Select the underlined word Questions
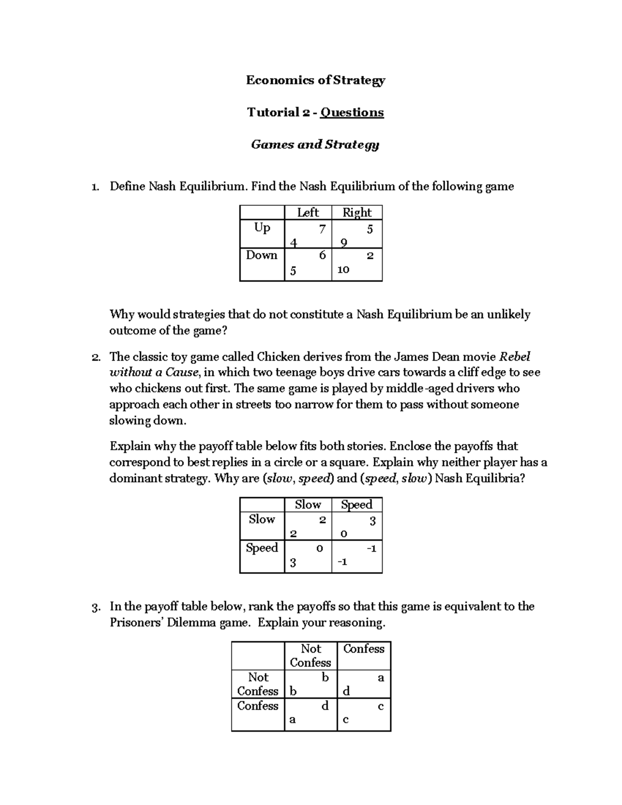click(352, 112)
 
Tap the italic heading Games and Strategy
click(315, 145)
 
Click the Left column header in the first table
click(308, 213)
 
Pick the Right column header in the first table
click(357, 213)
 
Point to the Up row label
click(262, 228)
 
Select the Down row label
click(262, 256)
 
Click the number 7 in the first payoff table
click(322, 229)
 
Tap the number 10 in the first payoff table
click(343, 270)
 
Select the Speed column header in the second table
click(357, 505)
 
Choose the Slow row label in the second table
click(262, 519)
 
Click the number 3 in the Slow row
click(372, 521)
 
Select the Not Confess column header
click(310, 656)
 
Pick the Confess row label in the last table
click(258, 706)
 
